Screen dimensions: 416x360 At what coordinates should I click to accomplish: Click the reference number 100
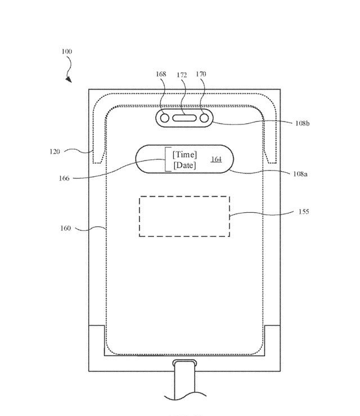click(x=66, y=52)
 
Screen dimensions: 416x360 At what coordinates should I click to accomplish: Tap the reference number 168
click(x=161, y=74)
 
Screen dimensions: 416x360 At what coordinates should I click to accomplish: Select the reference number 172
click(x=182, y=74)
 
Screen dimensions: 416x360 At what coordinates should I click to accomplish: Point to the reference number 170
click(x=201, y=74)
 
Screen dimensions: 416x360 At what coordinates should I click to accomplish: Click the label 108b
click(x=301, y=123)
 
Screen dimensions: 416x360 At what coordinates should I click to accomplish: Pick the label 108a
click(x=300, y=175)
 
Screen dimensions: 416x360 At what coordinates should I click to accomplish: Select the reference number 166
click(x=64, y=178)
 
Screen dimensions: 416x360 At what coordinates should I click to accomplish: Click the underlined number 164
click(x=217, y=159)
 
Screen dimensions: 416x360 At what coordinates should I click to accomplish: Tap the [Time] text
click(x=184, y=154)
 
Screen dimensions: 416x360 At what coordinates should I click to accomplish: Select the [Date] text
click(x=184, y=165)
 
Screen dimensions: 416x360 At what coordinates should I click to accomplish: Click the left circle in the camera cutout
click(x=164, y=119)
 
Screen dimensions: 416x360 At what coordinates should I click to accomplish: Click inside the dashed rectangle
click(x=184, y=216)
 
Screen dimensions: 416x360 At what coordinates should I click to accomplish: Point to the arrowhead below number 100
click(x=69, y=79)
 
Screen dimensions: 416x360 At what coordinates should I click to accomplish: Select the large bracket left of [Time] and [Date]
click(x=166, y=159)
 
